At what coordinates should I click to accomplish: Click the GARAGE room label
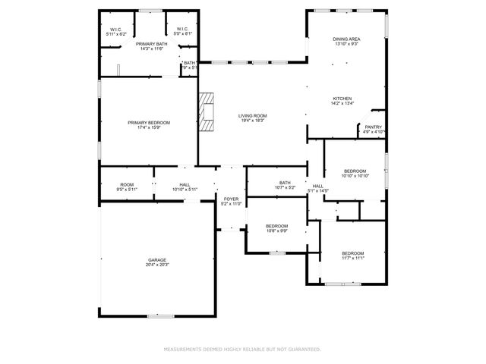point(157,259)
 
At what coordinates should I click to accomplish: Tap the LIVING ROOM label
point(253,116)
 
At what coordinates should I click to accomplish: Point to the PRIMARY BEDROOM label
point(149,123)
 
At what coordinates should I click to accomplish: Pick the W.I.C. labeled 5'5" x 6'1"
point(183,30)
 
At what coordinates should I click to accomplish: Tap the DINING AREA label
point(346,39)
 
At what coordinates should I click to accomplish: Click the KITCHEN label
point(343,99)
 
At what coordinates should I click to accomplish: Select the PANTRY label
point(373,127)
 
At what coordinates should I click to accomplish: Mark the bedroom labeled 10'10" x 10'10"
point(355,171)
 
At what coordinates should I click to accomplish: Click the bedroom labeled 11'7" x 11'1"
point(352,253)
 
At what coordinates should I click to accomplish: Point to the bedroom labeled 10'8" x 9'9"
point(276,226)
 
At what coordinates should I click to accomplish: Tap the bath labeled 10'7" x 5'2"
point(285,183)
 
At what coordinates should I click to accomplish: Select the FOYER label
point(230,199)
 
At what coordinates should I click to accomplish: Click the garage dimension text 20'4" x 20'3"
point(157,265)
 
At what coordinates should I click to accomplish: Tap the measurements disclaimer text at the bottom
point(242,350)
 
